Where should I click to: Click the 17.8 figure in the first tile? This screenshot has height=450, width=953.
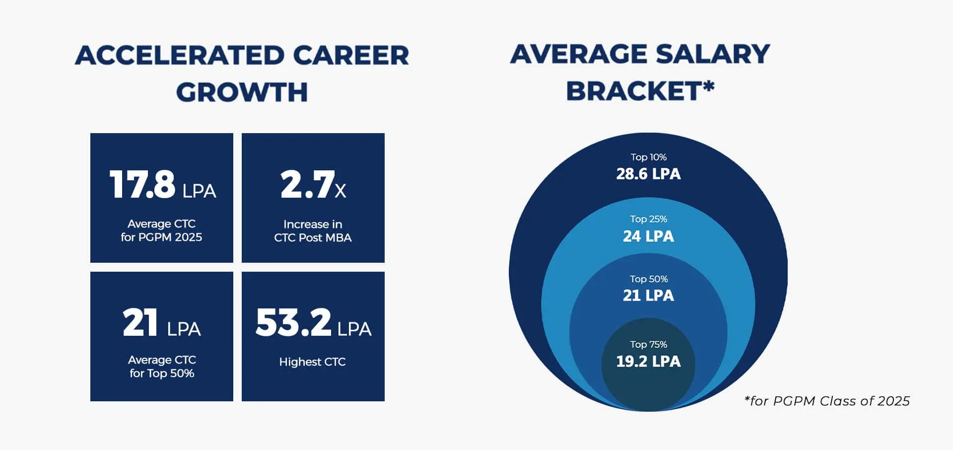tap(142, 184)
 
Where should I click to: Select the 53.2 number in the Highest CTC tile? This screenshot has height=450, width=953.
tap(293, 322)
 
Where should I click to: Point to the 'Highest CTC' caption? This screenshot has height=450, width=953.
tap(312, 362)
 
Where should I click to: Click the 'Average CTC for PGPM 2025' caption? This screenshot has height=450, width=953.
tap(161, 230)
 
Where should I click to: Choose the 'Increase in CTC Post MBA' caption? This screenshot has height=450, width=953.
tap(313, 231)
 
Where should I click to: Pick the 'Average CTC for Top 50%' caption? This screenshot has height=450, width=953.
tap(162, 367)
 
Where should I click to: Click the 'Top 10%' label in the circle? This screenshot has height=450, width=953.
tap(648, 157)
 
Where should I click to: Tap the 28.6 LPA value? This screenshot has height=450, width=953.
tap(648, 174)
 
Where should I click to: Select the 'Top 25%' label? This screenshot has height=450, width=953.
tap(648, 219)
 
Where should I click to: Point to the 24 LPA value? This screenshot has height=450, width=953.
tap(648, 236)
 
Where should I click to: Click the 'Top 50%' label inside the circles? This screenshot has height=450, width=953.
tap(648, 279)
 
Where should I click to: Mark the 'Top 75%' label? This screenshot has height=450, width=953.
tap(648, 344)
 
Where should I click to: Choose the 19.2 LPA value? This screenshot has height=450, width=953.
tap(648, 361)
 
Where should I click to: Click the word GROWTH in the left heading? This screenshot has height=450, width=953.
tap(242, 92)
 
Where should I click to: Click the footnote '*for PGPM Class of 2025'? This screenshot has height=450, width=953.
tap(827, 401)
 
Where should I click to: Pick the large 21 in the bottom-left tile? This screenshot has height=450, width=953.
tap(140, 322)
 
